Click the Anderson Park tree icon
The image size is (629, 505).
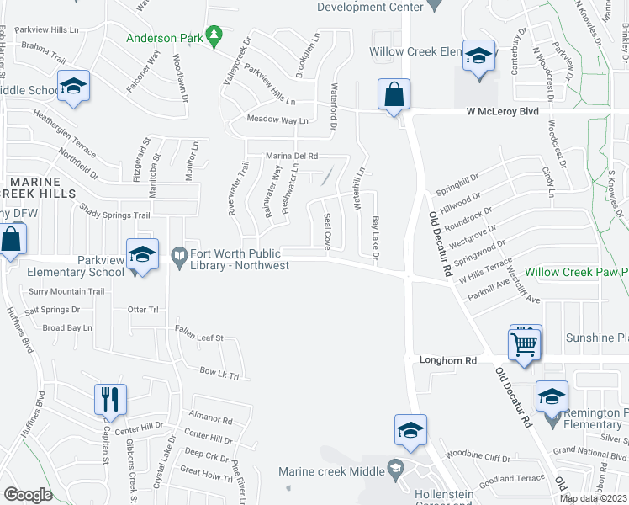click(x=215, y=35)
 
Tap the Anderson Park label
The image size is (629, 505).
click(x=165, y=37)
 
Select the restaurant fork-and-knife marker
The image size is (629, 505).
click(x=110, y=399)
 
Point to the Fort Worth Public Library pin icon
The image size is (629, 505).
click(x=178, y=253)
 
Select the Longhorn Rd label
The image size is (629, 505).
click(x=447, y=360)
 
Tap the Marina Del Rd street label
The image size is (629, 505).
click(x=292, y=156)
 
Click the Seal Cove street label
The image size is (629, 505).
click(x=327, y=231)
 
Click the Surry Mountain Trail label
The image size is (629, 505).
click(x=66, y=292)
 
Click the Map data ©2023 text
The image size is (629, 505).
click(x=592, y=498)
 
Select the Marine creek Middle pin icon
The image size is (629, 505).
click(x=395, y=467)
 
